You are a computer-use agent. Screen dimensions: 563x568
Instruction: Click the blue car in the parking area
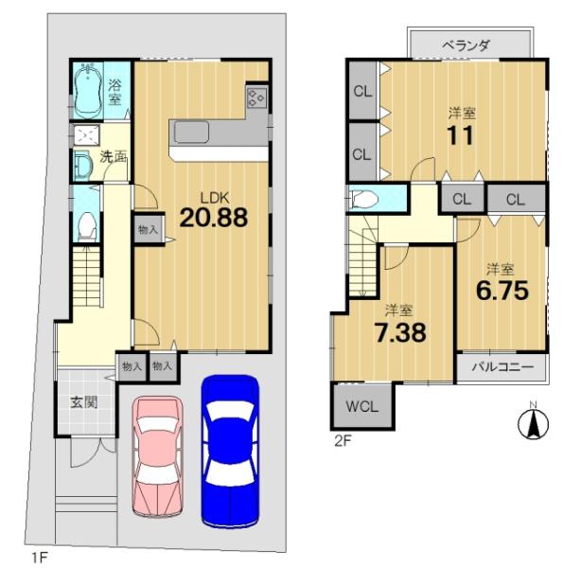[x=230, y=451]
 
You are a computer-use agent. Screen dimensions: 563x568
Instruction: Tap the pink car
[x=157, y=456]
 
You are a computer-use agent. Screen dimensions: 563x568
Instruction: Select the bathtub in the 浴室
[x=89, y=90]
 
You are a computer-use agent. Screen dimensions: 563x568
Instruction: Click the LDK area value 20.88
[x=214, y=218]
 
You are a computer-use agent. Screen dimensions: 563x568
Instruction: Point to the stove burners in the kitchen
[x=256, y=98]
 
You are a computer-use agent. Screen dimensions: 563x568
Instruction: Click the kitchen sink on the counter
[x=191, y=132]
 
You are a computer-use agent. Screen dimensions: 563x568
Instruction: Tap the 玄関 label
[x=84, y=402]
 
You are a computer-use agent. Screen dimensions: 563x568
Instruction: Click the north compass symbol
[x=534, y=424]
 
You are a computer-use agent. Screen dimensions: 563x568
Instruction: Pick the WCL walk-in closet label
[x=362, y=406]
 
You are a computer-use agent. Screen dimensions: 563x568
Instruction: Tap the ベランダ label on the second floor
[x=466, y=45]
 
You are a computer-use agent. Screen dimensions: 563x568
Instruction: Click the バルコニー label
[x=502, y=367]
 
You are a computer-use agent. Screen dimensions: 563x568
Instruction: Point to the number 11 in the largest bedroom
[x=460, y=135]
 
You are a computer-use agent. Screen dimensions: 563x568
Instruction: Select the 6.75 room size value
[x=502, y=291]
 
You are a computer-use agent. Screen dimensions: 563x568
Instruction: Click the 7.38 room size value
[x=400, y=332]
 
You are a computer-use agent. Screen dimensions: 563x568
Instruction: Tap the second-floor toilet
[x=364, y=199]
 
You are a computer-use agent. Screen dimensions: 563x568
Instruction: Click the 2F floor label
[x=343, y=441]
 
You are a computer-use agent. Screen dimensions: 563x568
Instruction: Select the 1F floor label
[x=40, y=558]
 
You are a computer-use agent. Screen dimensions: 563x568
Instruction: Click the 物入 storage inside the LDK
[x=149, y=229]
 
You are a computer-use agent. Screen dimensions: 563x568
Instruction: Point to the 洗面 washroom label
[x=113, y=157]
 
